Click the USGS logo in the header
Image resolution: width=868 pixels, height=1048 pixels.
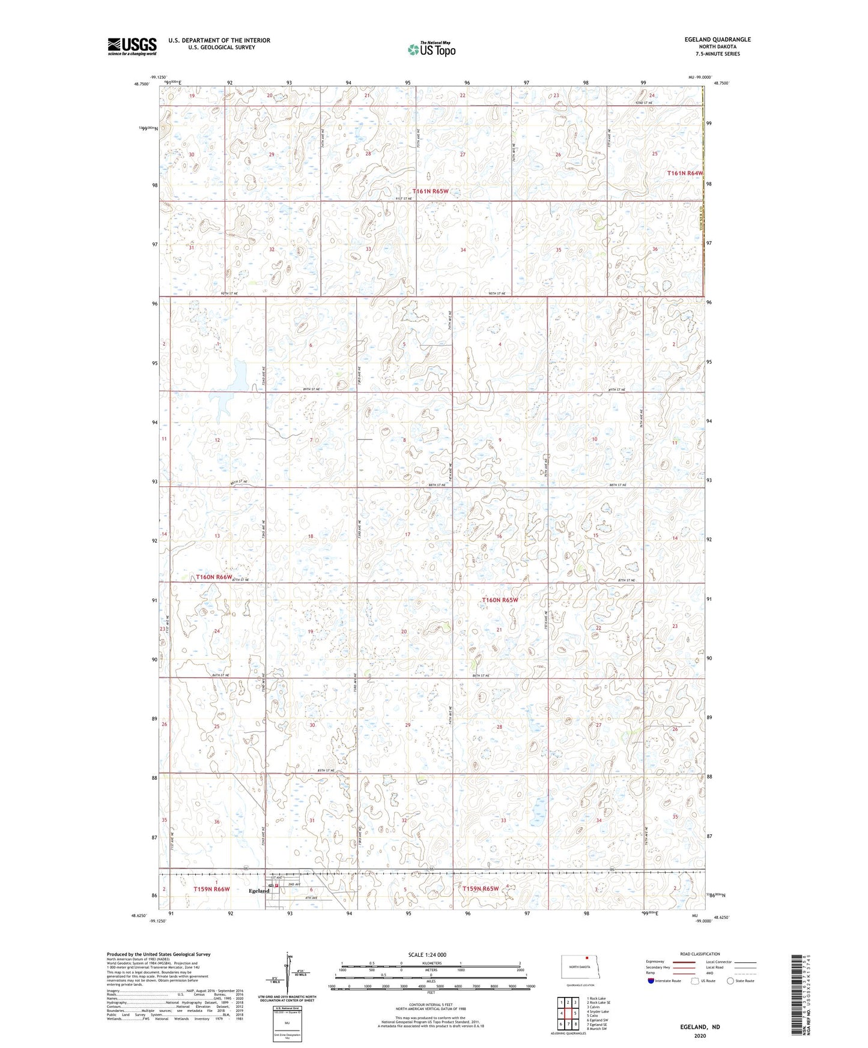[132, 46]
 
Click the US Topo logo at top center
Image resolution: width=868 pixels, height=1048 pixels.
[431, 49]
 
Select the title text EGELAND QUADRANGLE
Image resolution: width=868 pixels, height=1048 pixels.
[717, 40]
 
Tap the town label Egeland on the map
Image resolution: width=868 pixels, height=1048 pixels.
[259, 891]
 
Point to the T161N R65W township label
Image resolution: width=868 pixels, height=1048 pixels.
[431, 191]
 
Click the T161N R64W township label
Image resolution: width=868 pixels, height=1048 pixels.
[685, 173]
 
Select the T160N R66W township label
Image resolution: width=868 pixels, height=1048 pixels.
[214, 577]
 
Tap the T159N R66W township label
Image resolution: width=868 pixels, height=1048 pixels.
[212, 889]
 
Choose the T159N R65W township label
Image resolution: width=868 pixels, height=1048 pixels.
[481, 888]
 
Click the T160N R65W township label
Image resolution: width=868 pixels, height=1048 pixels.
[500, 600]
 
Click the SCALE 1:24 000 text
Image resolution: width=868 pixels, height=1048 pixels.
[427, 954]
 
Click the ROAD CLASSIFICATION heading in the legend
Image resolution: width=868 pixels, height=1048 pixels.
[700, 954]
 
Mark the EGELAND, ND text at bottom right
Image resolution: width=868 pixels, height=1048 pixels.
[700, 1027]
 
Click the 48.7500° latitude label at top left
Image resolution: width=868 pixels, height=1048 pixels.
[142, 85]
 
